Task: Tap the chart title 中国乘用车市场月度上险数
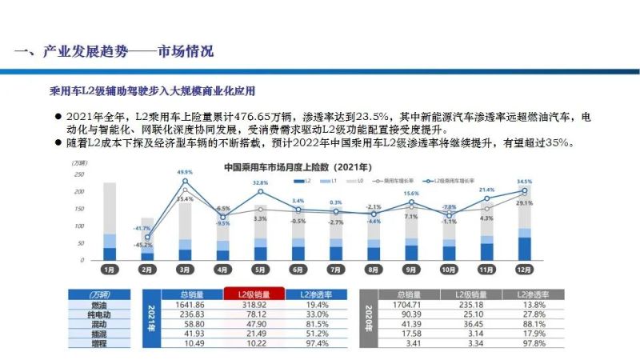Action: (296, 167)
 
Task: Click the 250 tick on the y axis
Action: (78, 174)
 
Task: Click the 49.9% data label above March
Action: (185, 172)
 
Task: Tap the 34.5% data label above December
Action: (525, 182)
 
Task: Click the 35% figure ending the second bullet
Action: (558, 142)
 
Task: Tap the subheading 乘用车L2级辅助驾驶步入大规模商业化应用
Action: (158, 89)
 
